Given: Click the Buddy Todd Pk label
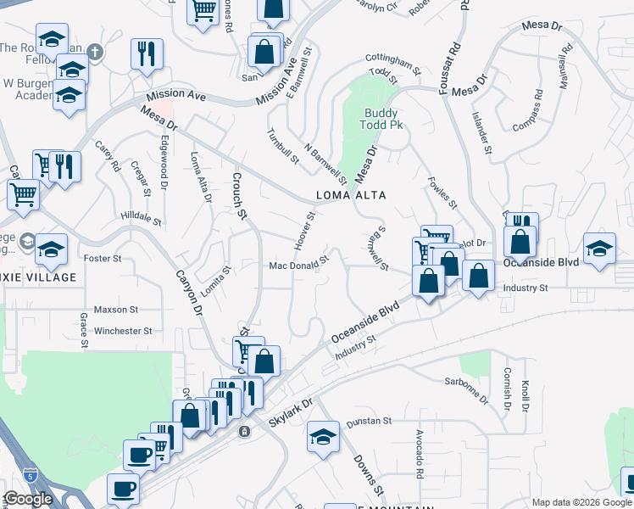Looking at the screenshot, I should (x=382, y=119).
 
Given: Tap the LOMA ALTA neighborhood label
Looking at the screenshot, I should (x=351, y=195).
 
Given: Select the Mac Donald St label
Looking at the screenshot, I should (x=298, y=265).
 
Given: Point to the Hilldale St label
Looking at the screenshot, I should (x=141, y=218).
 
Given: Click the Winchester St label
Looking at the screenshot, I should (x=123, y=331).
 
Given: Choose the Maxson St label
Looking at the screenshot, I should (x=116, y=310).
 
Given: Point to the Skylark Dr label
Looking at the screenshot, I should (x=292, y=411).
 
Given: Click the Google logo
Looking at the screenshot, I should (x=28, y=499).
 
